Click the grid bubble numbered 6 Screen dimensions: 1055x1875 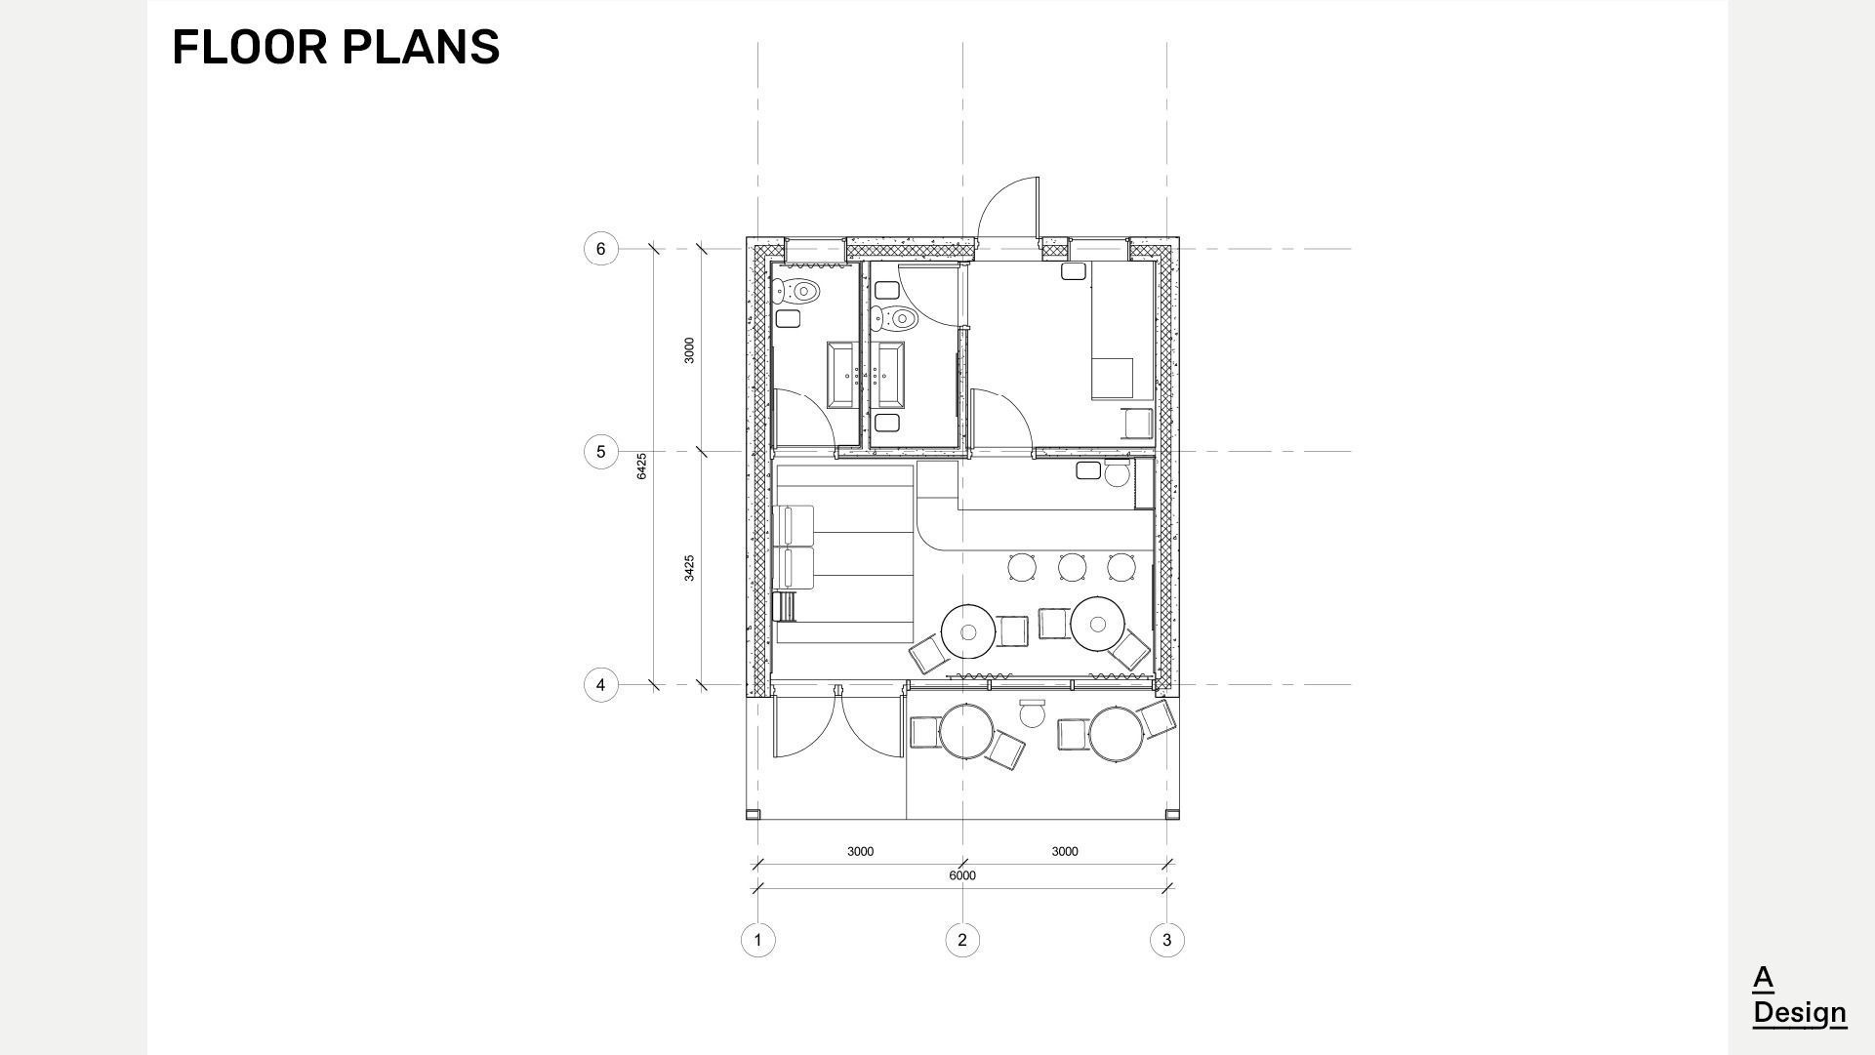coord(600,249)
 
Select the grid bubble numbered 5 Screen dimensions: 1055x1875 coord(600,452)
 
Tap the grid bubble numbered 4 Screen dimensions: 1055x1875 coord(600,685)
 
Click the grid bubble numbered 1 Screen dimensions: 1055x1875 coord(758,940)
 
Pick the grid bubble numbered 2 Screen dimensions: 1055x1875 coord(962,940)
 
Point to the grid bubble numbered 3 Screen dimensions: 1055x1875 coord(1166,940)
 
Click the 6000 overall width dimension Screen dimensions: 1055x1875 coord(962,875)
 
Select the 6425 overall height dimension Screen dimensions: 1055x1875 coord(641,466)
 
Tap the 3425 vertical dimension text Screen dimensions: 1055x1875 coord(689,568)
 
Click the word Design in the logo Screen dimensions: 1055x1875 coord(1799,1013)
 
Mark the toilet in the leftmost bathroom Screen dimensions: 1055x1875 coord(797,291)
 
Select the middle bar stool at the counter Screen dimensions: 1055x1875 coord(1072,567)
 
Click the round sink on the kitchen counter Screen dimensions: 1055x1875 coord(1117,475)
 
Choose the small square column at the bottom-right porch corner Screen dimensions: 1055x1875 coord(1173,814)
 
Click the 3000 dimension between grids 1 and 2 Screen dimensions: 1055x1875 coord(860,852)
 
